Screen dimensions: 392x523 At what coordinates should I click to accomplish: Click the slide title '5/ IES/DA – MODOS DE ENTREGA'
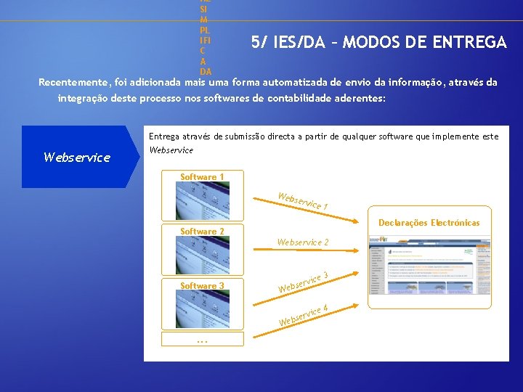click(x=378, y=43)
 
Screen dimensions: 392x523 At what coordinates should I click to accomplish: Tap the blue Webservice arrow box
click(x=80, y=157)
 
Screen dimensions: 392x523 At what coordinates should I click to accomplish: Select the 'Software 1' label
click(x=202, y=177)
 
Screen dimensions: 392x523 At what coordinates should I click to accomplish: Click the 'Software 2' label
click(x=202, y=232)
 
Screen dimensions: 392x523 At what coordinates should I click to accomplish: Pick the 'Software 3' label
click(x=202, y=286)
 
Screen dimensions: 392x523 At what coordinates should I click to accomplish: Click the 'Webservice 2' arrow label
click(x=303, y=242)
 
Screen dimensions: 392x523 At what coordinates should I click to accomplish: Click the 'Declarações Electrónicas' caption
click(x=429, y=223)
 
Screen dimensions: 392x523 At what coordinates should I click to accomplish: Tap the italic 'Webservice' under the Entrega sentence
click(x=171, y=150)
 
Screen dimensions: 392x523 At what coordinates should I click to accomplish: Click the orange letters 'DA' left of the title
click(x=206, y=71)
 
